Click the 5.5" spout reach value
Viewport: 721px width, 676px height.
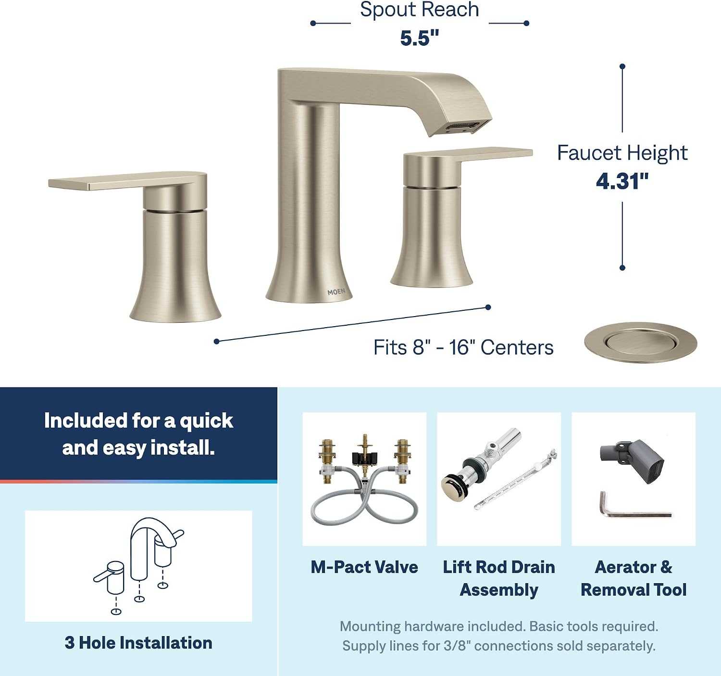click(x=419, y=38)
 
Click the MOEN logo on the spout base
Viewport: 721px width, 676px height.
click(x=336, y=292)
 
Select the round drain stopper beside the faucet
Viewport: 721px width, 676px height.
click(x=640, y=343)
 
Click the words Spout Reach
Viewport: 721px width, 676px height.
click(x=419, y=10)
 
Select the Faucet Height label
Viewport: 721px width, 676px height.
click(x=622, y=153)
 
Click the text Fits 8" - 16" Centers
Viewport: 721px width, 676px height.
click(x=463, y=347)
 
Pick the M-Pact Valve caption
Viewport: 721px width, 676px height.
click(x=364, y=567)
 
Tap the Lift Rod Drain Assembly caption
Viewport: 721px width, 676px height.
click(x=499, y=578)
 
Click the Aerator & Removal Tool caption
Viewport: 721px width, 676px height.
click(x=634, y=578)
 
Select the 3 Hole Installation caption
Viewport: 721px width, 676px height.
click(x=138, y=643)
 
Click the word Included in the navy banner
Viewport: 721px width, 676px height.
click(x=85, y=421)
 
